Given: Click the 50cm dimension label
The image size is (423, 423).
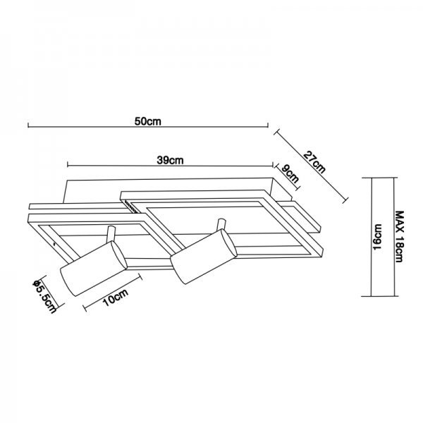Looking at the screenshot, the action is click(148, 121).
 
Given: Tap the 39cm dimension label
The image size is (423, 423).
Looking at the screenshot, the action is click(170, 160).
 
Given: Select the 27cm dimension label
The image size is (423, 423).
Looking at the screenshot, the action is click(314, 162).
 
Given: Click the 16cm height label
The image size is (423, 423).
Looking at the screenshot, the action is click(378, 237).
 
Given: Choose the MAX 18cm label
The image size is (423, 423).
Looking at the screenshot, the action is click(399, 236).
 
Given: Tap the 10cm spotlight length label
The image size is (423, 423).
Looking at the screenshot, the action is click(116, 297).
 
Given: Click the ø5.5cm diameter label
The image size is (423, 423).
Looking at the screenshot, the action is click(44, 297).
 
